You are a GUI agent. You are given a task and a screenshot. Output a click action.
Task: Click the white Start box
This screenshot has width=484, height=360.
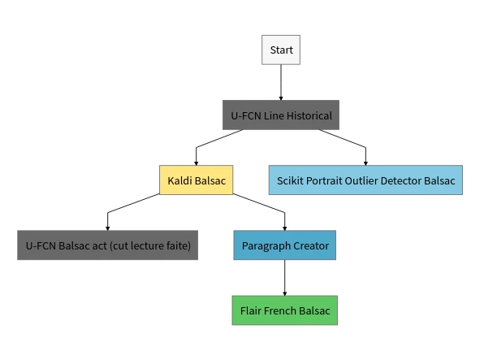pyautogui.click(x=281, y=50)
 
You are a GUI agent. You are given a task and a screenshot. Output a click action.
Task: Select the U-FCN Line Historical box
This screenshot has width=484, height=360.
pyautogui.click(x=281, y=115)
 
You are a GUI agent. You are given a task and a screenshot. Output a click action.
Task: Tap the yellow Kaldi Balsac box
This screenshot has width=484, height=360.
pyautogui.click(x=197, y=180)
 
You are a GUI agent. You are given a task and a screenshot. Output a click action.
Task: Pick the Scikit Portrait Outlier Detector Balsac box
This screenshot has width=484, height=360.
pyautogui.click(x=365, y=180)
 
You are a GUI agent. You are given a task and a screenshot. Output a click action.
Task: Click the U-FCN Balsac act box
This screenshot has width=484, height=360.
pyautogui.click(x=108, y=245)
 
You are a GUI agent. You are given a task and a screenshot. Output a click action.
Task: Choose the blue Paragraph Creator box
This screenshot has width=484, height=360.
pyautogui.click(x=285, y=245)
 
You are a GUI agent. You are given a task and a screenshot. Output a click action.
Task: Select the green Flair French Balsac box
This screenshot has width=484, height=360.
pyautogui.click(x=285, y=310)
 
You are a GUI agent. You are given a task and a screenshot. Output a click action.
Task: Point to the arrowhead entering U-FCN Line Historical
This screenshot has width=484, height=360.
pyautogui.click(x=281, y=98)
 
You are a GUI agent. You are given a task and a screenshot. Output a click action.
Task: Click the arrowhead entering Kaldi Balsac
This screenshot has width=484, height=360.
pyautogui.click(x=196, y=163)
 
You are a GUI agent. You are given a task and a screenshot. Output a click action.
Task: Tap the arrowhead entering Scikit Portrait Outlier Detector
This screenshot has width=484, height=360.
pyautogui.click(x=365, y=163)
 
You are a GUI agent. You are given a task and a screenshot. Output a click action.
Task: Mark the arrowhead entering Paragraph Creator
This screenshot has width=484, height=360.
pyautogui.click(x=284, y=228)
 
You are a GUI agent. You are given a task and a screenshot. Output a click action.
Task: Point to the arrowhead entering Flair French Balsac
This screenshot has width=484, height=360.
pyautogui.click(x=284, y=294)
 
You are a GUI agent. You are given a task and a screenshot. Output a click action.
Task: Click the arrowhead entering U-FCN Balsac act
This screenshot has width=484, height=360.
pyautogui.click(x=107, y=228)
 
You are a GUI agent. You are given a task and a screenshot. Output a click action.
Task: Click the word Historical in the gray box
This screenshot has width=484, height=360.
pyautogui.click(x=309, y=115)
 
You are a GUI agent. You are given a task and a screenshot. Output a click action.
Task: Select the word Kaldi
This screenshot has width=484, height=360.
pyautogui.click(x=179, y=180)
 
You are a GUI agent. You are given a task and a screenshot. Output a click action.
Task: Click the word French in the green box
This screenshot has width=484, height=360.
pyautogui.click(x=280, y=310)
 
